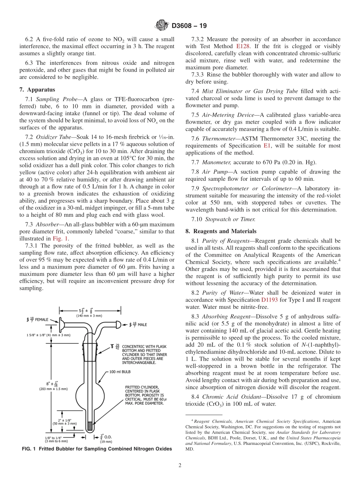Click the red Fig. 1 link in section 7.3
[x=60, y=239]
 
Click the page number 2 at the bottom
[x=180, y=465]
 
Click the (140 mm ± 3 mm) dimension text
[x=89, y=315]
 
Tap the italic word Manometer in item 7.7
[x=217, y=162]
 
